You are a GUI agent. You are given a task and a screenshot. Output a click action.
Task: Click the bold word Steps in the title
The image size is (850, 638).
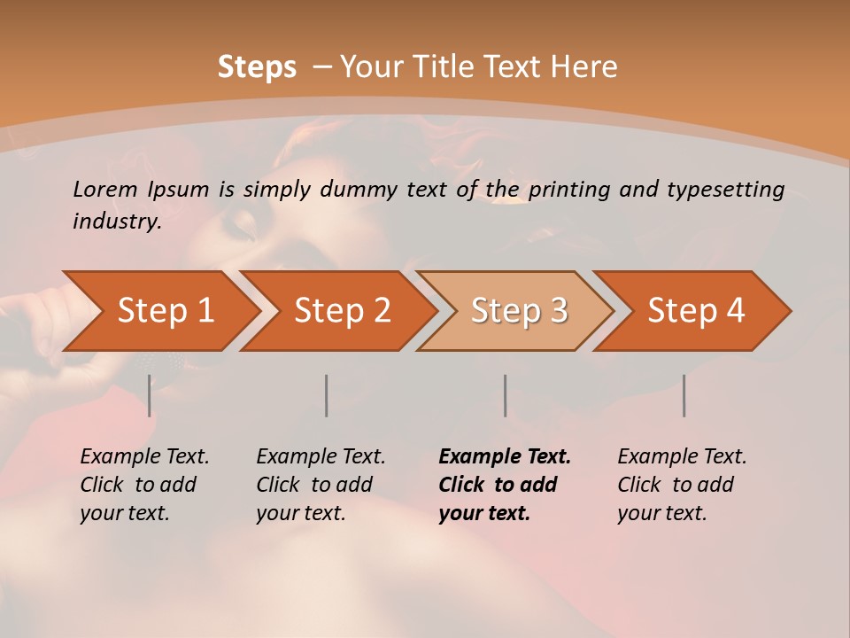coord(257,67)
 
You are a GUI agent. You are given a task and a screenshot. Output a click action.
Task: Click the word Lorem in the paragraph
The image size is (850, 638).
coord(105,190)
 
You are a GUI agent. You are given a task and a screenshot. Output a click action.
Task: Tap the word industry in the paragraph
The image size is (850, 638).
coord(116,221)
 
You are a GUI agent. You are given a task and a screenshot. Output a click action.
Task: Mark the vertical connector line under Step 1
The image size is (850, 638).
coord(149,395)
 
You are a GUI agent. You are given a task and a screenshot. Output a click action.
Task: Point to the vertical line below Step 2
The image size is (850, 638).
coord(326,395)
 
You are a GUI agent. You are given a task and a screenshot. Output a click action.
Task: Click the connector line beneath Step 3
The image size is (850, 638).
coord(505,395)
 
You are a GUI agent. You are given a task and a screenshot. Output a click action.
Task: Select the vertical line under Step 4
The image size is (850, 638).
coord(684,395)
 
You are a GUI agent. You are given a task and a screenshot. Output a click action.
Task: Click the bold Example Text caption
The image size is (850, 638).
coord(505,457)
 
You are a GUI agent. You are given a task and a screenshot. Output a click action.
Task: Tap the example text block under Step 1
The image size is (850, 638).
coord(144,485)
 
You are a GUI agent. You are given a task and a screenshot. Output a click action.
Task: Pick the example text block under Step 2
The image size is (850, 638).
coord(321,485)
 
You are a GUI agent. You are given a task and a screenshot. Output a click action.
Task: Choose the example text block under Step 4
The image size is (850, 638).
coord(682,485)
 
